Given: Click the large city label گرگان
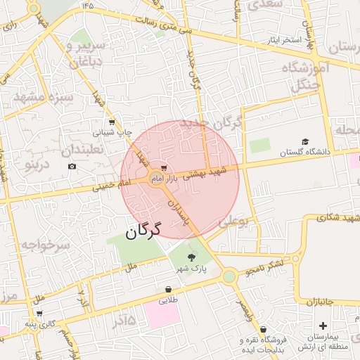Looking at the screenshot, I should [x=143, y=230].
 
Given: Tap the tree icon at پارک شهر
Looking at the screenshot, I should [x=192, y=257].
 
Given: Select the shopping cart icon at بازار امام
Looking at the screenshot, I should [x=163, y=168].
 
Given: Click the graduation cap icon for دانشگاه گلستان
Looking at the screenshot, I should [x=304, y=141].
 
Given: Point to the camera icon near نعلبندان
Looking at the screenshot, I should [x=72, y=166].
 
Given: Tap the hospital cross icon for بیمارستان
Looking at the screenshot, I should [x=323, y=326].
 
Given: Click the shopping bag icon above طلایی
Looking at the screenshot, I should [x=168, y=289].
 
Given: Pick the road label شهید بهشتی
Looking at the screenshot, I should [x=206, y=173].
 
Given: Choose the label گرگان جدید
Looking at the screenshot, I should [x=211, y=124].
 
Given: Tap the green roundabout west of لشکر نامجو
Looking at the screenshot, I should [x=229, y=276].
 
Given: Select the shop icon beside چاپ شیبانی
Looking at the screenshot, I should [x=97, y=131].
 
